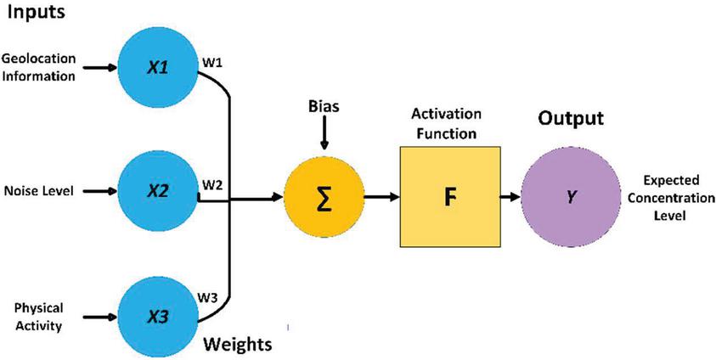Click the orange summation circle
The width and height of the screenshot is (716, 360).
click(x=323, y=198)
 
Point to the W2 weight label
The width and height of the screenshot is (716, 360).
click(x=212, y=183)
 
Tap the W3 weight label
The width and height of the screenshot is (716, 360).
click(x=211, y=297)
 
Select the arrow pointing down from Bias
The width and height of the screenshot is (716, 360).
click(x=323, y=136)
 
